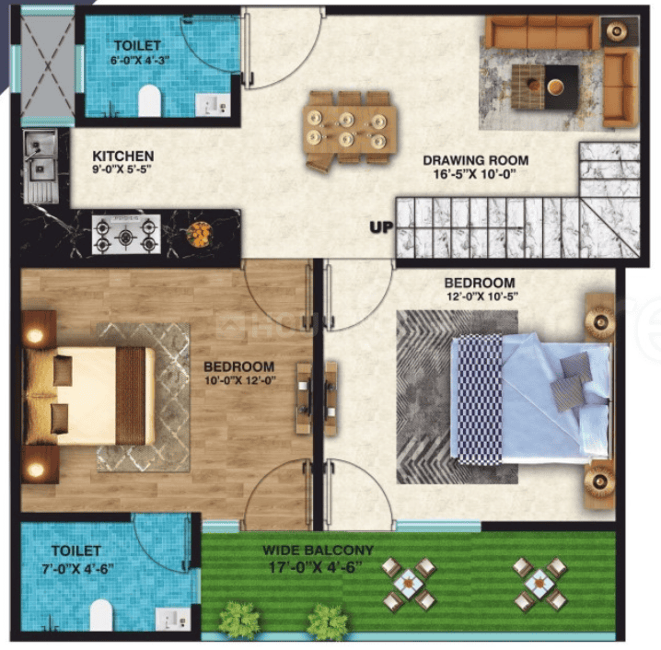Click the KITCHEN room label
(x=123, y=156)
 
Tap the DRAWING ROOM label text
(x=476, y=160)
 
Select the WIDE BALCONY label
(x=318, y=550)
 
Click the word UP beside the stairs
(x=381, y=227)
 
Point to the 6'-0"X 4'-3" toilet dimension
(x=140, y=60)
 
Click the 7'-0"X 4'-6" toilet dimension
(x=78, y=569)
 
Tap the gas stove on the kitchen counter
(x=126, y=235)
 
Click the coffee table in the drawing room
(x=545, y=87)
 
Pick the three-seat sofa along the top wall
(x=542, y=32)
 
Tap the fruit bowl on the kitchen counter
(x=200, y=235)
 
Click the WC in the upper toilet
(x=150, y=100)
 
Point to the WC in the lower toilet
(x=101, y=615)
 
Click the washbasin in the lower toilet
(x=173, y=620)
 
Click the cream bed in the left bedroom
(x=89, y=396)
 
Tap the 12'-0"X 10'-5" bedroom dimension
(x=481, y=296)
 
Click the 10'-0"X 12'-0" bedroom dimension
(x=240, y=380)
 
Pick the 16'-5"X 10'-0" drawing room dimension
(x=475, y=174)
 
